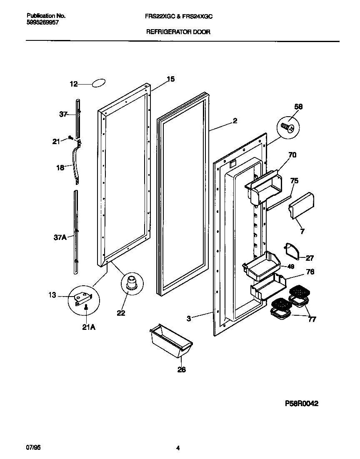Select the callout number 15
[170, 79]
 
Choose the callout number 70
[292, 155]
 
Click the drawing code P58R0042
[302, 403]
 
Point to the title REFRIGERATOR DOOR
[177, 31]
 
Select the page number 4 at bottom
[178, 448]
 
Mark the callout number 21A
[88, 327]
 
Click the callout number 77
[312, 319]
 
